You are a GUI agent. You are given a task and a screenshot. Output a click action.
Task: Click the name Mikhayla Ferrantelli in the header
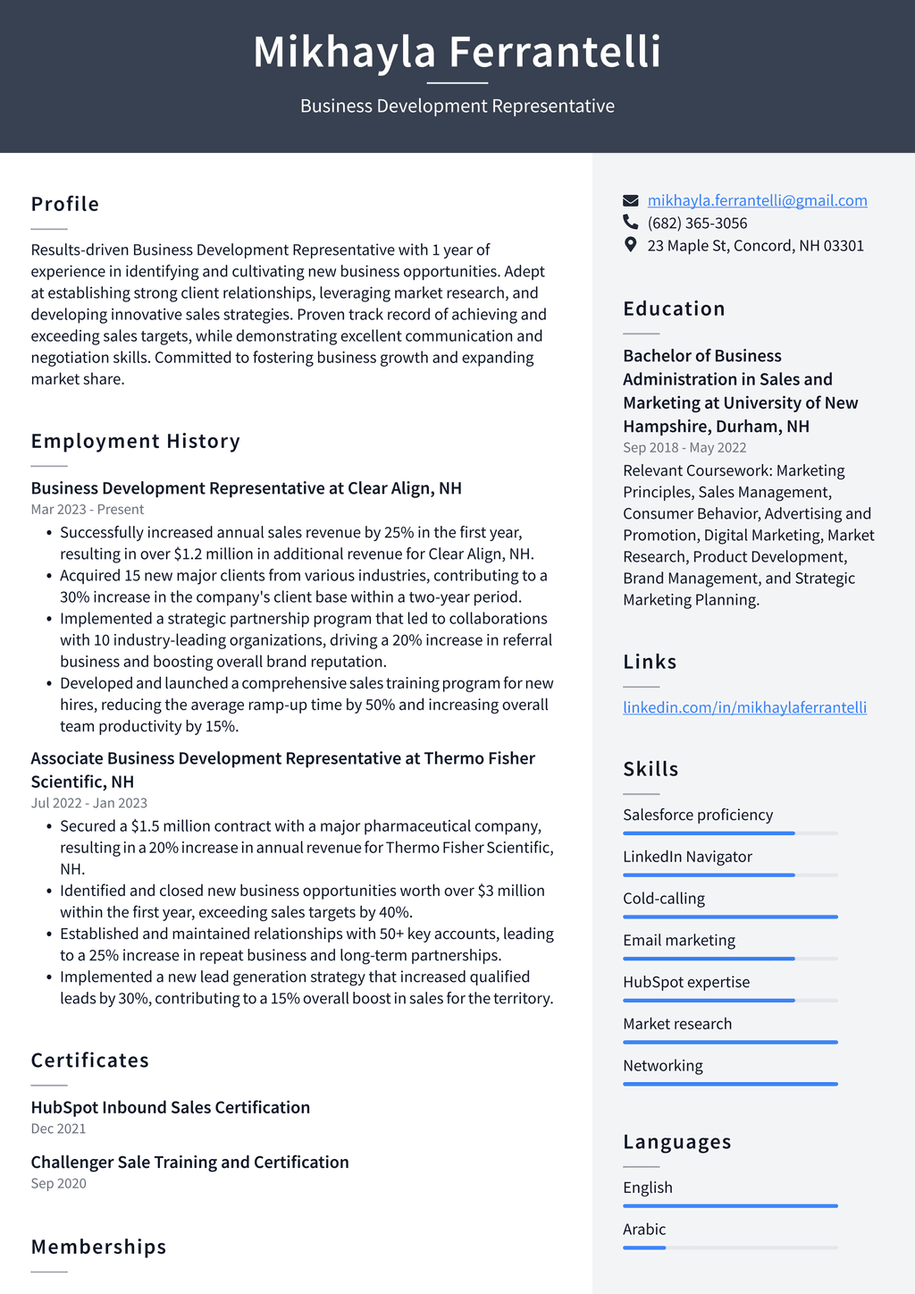[x=457, y=52]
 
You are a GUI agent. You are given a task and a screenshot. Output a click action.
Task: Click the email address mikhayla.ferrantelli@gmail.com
[x=757, y=200]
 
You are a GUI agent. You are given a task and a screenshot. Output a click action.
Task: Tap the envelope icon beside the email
[x=631, y=200]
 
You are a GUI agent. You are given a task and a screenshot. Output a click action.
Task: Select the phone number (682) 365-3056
[x=697, y=223]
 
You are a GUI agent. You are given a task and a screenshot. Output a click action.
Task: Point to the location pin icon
[x=631, y=245]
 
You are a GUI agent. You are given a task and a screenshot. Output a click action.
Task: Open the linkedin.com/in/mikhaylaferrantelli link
[x=744, y=707]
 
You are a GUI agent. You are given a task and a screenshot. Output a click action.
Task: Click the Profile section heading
[x=65, y=204]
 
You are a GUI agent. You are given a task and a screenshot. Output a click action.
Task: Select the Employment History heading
[x=136, y=441]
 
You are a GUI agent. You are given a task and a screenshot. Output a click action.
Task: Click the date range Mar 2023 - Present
[x=88, y=510]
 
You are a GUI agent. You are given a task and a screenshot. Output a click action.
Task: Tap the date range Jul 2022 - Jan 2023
[x=89, y=803]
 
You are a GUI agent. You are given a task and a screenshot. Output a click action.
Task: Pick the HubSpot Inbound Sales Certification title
[x=171, y=1107]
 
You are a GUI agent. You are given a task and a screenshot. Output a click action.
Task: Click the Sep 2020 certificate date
[x=59, y=1184]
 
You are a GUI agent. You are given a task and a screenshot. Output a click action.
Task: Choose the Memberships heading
[x=99, y=1247]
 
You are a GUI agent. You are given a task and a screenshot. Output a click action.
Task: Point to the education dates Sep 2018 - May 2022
[x=684, y=448]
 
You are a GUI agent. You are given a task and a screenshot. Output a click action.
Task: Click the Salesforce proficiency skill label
[x=698, y=815]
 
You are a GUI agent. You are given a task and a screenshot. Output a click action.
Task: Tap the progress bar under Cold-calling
[x=730, y=917]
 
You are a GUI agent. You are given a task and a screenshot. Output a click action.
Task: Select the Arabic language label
[x=644, y=1230]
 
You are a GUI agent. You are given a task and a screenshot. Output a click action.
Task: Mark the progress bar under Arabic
[x=730, y=1247]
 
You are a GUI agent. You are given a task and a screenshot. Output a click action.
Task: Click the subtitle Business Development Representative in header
[x=457, y=106]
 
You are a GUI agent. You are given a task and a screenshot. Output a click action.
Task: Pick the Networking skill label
[x=663, y=1066]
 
